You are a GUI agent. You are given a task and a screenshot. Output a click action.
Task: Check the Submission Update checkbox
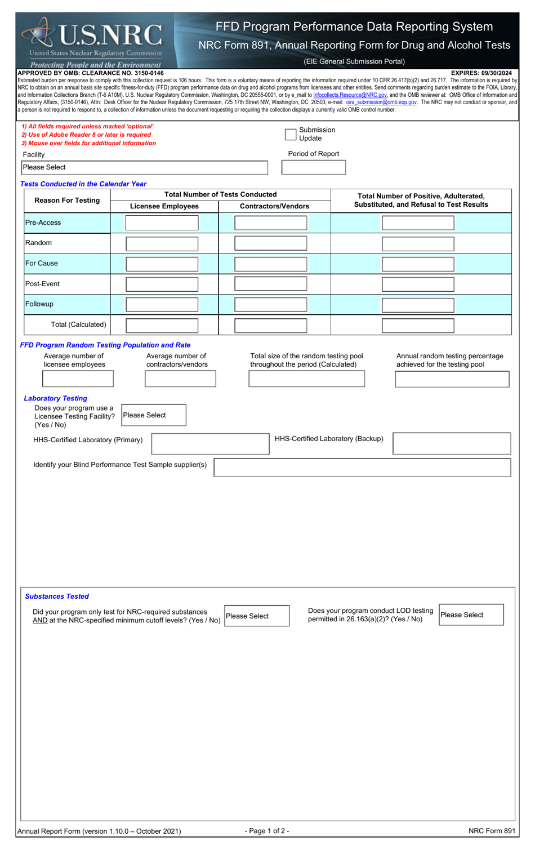click(x=291, y=134)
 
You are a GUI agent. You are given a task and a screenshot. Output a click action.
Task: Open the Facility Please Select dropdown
click(x=144, y=167)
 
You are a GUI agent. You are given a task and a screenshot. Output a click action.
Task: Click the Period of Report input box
click(x=313, y=167)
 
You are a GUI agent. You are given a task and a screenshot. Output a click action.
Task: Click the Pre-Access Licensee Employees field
click(x=162, y=223)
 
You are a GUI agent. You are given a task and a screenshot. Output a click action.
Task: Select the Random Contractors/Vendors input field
click(x=270, y=243)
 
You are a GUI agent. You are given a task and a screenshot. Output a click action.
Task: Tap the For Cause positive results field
click(x=417, y=264)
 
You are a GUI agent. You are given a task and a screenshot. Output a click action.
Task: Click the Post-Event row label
click(x=43, y=284)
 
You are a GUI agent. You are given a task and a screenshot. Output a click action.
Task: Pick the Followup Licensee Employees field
click(x=162, y=305)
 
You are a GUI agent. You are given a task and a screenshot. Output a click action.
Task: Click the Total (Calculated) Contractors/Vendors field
click(x=270, y=326)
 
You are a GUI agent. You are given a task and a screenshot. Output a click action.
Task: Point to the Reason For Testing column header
click(x=67, y=201)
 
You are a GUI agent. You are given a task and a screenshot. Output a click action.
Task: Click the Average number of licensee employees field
click(x=78, y=379)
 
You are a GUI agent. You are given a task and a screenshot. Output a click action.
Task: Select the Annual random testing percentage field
click(x=452, y=379)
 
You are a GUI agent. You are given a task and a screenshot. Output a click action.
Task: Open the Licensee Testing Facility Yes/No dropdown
click(x=153, y=415)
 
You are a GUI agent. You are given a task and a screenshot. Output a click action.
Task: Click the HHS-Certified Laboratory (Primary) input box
click(x=210, y=444)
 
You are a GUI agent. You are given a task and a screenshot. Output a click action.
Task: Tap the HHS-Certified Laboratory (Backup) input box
click(x=451, y=443)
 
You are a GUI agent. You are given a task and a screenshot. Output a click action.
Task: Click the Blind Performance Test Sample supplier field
click(x=362, y=468)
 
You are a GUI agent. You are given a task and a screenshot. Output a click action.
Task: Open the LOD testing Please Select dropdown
click(x=471, y=615)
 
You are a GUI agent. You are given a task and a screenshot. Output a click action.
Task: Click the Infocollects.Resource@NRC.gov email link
click(x=350, y=95)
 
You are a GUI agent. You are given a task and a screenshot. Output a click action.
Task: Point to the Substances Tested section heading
click(x=57, y=597)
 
